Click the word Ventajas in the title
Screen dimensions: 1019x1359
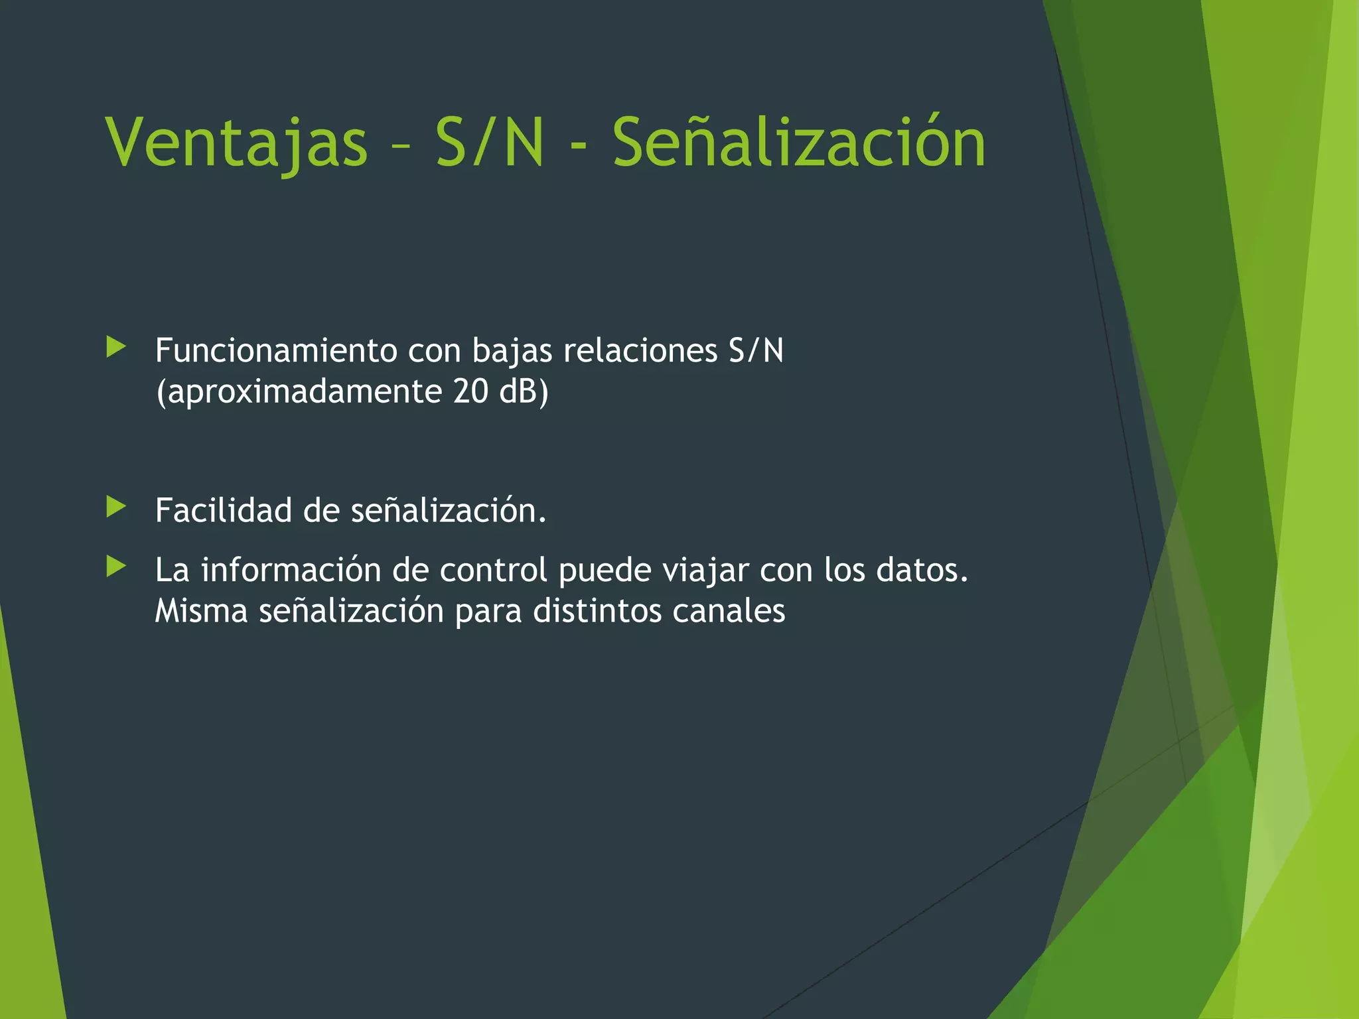tap(236, 143)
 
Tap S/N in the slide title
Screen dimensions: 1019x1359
tap(490, 143)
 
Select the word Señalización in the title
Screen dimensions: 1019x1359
tap(798, 143)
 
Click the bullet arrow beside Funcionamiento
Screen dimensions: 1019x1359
tap(116, 347)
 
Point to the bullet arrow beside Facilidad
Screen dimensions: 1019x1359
tap(116, 508)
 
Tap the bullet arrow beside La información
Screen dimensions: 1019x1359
tap(116, 567)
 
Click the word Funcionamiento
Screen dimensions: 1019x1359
tap(275, 350)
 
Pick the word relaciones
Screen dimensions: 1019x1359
tap(640, 350)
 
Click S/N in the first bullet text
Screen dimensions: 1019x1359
tap(756, 350)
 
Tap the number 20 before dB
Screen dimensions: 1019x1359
tap(471, 391)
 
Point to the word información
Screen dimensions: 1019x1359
tap(291, 570)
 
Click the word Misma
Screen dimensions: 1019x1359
tap(201, 611)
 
